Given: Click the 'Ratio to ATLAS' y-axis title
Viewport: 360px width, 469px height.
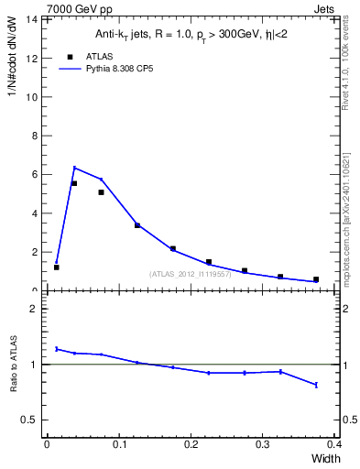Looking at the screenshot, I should [14, 364].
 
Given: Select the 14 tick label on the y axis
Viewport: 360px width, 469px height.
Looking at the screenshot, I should [31, 19].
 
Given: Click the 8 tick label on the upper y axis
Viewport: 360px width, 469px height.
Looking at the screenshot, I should [34, 136].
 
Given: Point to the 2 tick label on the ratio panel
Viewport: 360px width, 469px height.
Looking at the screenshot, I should [34, 309].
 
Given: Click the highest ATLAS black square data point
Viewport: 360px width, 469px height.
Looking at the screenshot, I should [73, 183].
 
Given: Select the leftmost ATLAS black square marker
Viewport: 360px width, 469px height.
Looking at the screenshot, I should [56, 267].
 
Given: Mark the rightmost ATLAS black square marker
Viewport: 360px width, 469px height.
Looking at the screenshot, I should [316, 279].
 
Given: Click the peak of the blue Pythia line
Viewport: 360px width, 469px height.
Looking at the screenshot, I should [73, 168].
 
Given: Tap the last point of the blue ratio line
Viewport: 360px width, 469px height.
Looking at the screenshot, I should [316, 385].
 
